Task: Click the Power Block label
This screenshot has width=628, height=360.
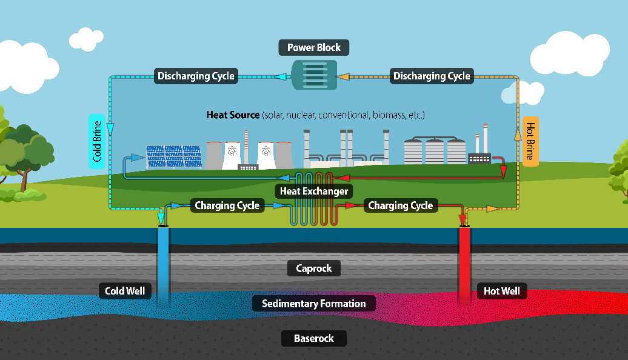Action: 314,47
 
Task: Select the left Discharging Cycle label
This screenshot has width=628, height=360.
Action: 196,76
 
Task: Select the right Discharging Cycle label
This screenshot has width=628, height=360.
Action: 432,76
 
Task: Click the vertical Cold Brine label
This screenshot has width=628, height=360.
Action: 97,141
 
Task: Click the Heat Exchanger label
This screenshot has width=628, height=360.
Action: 314,192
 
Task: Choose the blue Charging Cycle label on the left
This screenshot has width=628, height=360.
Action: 227,206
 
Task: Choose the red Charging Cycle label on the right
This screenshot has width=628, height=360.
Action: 401,206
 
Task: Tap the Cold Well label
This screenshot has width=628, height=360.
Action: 125,292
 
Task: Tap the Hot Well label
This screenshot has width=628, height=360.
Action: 502,292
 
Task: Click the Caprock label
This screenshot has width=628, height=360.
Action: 314,268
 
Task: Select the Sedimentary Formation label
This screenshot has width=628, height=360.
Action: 314,304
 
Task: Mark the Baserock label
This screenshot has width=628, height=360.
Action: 314,338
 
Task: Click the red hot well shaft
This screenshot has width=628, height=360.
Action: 464,261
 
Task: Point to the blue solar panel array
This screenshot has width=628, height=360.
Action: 173,156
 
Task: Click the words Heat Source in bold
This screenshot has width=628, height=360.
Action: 233,115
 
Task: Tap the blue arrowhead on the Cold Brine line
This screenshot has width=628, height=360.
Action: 110,128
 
